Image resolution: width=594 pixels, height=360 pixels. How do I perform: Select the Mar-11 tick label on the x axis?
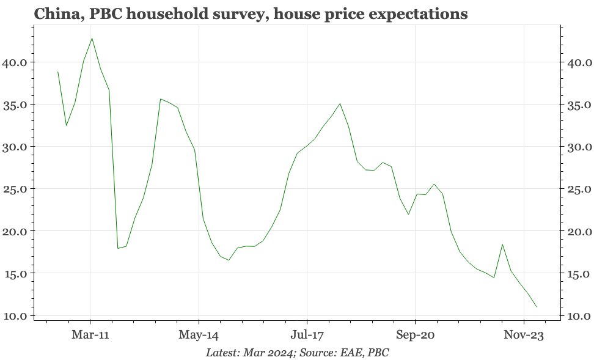coord(90,335)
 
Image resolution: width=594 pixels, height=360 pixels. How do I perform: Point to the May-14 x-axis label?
coord(199,335)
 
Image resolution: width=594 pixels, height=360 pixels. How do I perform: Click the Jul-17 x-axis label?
coord(307,335)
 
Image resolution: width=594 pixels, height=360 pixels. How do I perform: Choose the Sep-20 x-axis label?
coord(415,335)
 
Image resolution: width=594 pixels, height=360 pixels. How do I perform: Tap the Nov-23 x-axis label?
coord(524,335)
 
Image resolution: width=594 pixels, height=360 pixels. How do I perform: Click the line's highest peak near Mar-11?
coord(92,39)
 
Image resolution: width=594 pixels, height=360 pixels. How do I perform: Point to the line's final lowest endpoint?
coord(536,307)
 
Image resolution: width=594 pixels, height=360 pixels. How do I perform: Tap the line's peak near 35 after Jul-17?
coord(340,103)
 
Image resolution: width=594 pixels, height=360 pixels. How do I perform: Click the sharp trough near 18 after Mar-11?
coord(118,248)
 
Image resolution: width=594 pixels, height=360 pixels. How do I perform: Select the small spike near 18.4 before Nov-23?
coord(502,244)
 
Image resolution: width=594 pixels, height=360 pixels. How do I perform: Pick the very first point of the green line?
coord(58,72)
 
